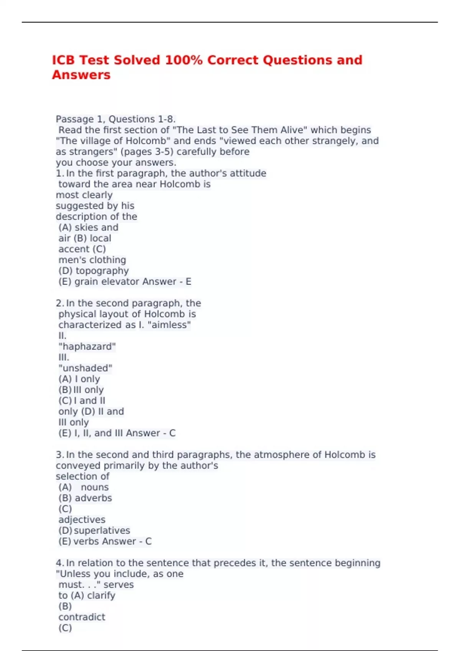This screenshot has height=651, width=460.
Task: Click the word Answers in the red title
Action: click(81, 75)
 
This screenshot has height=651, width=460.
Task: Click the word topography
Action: click(102, 271)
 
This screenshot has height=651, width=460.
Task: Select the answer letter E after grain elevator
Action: click(188, 281)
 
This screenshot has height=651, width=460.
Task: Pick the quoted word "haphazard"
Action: click(87, 347)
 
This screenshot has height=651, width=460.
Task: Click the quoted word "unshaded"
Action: click(85, 368)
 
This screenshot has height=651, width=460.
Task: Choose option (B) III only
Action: click(81, 390)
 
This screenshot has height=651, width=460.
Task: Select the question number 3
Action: click(59, 455)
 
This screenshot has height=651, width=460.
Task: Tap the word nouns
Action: click(95, 487)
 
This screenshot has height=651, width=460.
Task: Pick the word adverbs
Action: click(93, 498)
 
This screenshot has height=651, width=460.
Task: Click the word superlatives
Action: click(102, 530)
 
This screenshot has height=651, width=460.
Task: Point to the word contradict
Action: click(82, 617)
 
